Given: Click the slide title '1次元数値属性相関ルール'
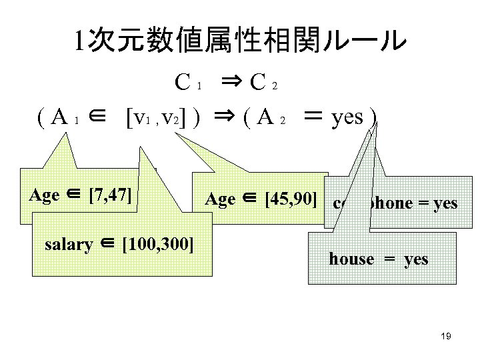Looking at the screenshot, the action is pos(240,41).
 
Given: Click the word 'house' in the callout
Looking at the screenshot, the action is pos(351,259).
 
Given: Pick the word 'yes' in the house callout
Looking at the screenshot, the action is pos(416,259).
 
